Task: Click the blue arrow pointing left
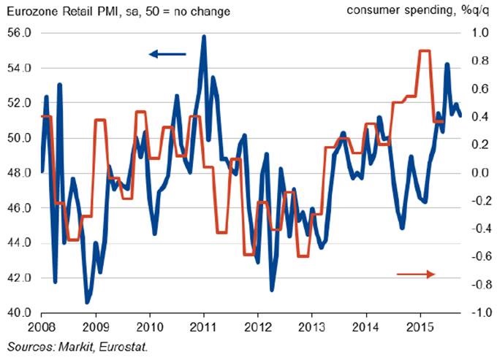click(x=167, y=53)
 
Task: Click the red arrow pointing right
click(x=416, y=273)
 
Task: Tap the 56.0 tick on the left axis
click(x=19, y=34)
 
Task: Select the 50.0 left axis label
click(x=19, y=138)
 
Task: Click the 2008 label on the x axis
click(x=42, y=327)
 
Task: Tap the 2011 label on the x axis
click(x=203, y=327)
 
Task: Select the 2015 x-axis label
click(x=421, y=327)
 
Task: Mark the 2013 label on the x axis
click(x=312, y=327)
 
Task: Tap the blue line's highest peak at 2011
click(x=203, y=36)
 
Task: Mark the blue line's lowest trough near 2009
click(x=87, y=302)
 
